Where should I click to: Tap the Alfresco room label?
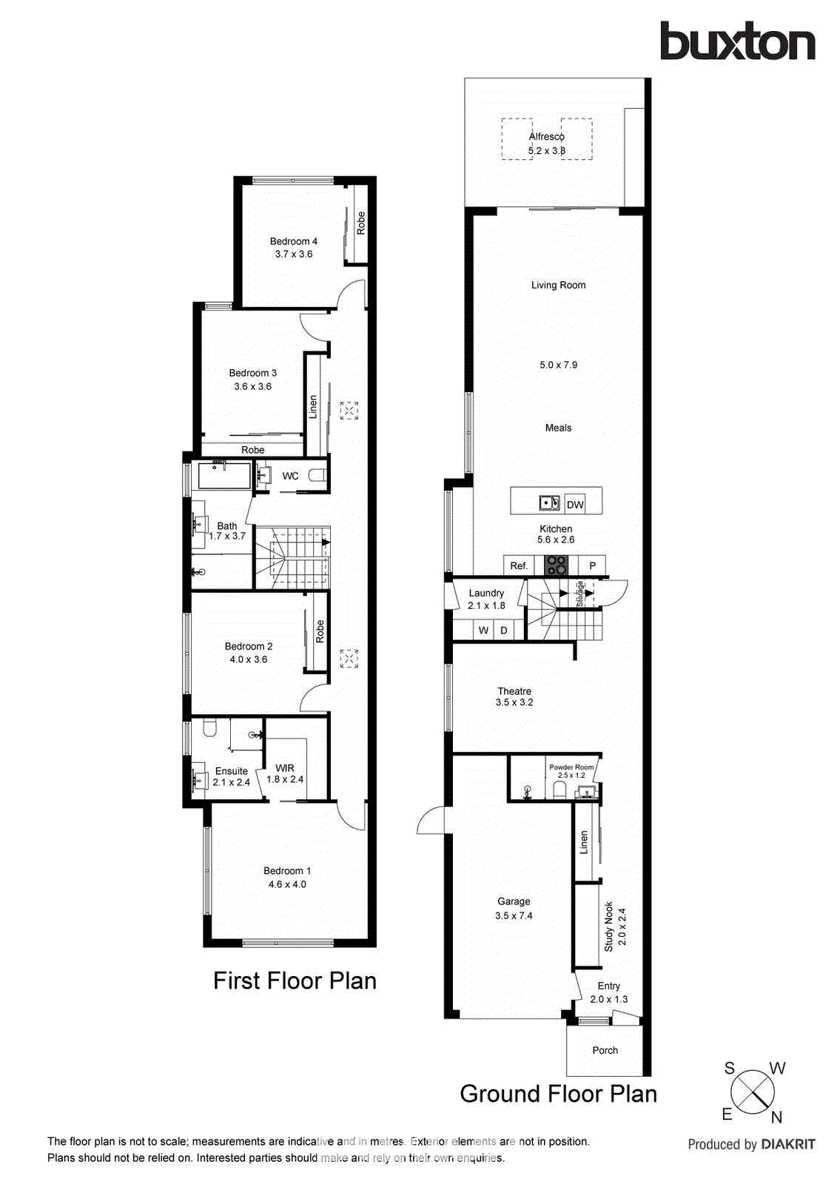point(546,137)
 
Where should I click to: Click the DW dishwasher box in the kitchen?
point(575,505)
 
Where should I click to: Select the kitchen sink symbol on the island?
point(548,503)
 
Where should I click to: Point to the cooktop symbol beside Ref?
point(556,565)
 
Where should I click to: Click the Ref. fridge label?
point(519,566)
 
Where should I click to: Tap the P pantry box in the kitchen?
point(592,566)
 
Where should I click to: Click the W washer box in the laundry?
point(483,630)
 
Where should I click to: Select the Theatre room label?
point(514,691)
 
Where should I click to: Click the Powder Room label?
point(571,767)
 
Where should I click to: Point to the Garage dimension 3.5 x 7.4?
point(514,915)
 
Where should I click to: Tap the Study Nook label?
point(609,926)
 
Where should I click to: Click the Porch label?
point(605,1050)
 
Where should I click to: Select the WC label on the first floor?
point(290,476)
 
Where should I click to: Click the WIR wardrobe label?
point(285,768)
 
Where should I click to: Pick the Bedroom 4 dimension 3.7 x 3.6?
point(294,254)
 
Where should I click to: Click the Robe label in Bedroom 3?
point(252,450)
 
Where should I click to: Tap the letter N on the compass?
point(776,1117)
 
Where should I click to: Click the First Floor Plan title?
point(295,980)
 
